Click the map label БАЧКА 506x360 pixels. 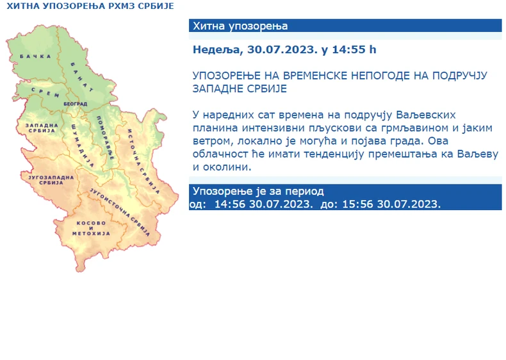[35, 57]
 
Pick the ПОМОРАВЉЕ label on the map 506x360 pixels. [106, 139]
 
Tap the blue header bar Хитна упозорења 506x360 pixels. [345, 26]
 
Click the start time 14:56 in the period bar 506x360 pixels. [227, 204]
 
